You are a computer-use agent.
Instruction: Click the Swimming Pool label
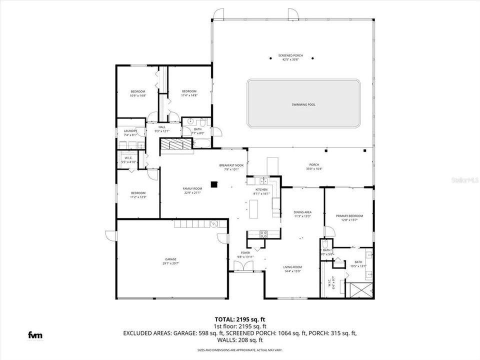tap(303, 104)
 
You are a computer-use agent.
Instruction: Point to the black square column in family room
tap(214, 184)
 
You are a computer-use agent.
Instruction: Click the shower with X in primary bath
tap(359, 290)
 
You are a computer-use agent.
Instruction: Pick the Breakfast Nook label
tap(231, 165)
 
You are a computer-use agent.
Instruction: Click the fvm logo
tap(34, 334)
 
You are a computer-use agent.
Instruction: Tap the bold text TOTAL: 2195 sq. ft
tap(239, 318)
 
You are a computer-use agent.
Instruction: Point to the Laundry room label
tap(130, 131)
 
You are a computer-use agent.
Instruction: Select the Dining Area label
tap(302, 212)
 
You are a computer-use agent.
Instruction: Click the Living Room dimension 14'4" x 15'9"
tap(292, 271)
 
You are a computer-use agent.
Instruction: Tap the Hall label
tap(162, 127)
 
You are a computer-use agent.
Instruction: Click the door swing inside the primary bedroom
tap(329, 231)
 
